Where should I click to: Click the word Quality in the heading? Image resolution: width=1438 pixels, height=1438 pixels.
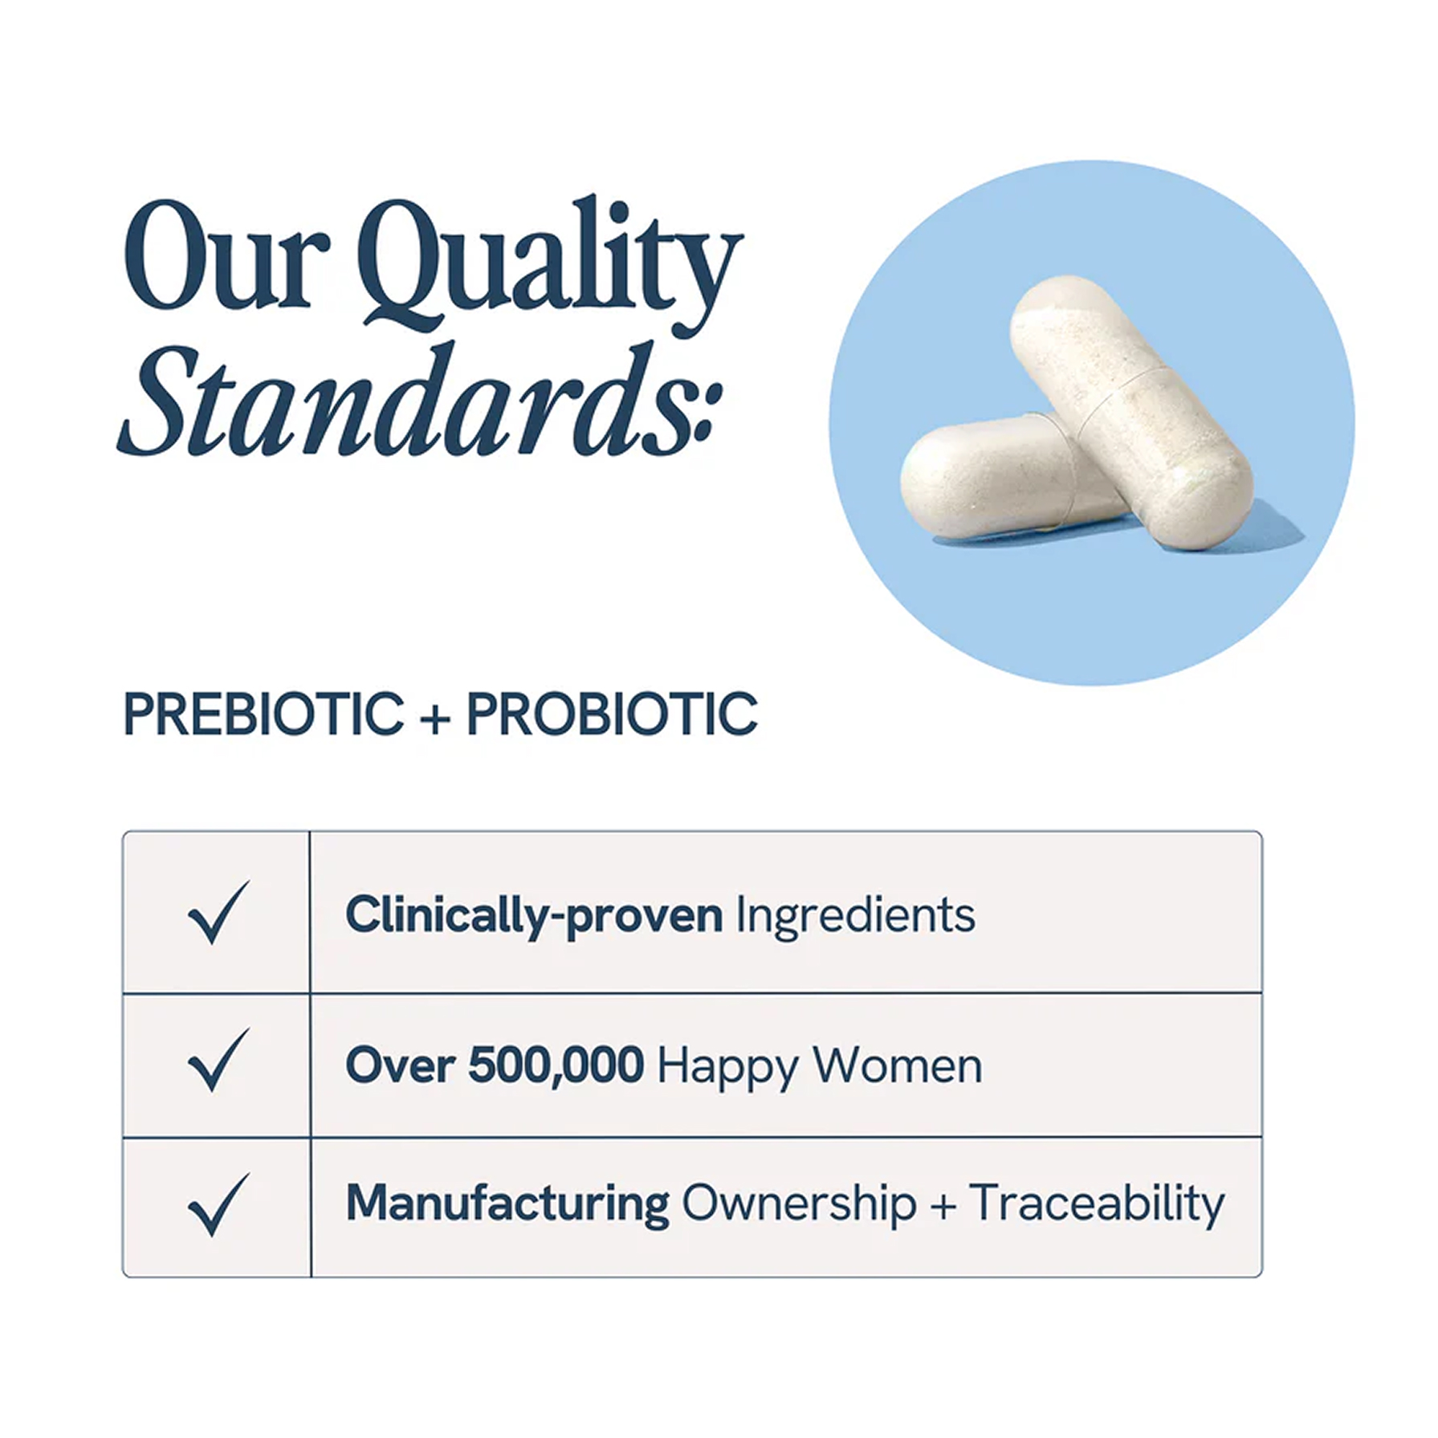point(550,265)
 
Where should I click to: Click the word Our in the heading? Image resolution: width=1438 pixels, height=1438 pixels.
point(227,255)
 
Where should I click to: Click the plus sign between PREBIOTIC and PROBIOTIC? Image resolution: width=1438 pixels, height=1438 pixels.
point(434,717)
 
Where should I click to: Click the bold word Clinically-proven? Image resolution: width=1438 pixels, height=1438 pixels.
point(534,915)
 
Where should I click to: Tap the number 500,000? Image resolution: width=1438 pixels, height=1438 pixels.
point(556,1065)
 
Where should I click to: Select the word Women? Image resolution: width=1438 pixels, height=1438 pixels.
point(897,1065)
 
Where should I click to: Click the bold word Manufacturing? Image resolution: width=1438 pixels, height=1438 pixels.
point(507,1204)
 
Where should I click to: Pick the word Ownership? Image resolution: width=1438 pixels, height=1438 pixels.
point(799,1204)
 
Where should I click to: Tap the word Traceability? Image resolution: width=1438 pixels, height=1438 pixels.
point(1097,1204)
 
